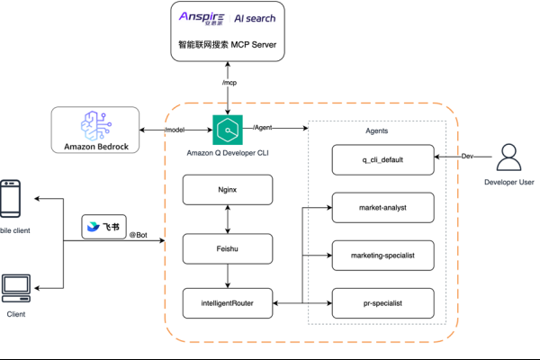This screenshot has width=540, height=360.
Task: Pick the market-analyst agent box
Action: (383, 208)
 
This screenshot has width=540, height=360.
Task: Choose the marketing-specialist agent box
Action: (383, 256)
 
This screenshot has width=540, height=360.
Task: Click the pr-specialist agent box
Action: (383, 303)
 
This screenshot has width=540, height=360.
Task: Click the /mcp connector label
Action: (230, 83)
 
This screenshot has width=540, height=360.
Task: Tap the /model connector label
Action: (175, 130)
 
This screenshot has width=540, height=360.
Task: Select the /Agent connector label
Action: (264, 127)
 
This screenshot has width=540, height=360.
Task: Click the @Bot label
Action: (138, 236)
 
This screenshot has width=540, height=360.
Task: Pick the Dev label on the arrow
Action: (467, 156)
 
